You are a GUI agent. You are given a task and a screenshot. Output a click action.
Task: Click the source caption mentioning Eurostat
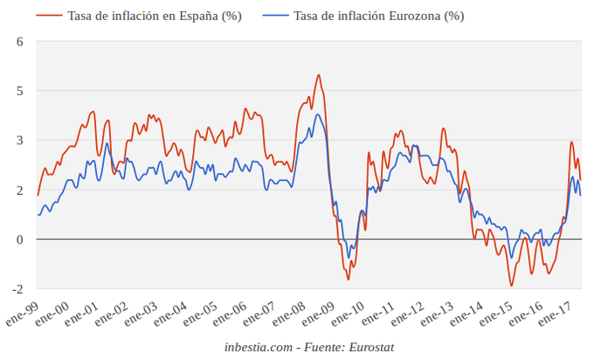click(x=309, y=348)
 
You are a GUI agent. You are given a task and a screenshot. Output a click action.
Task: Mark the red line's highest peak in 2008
click(x=318, y=75)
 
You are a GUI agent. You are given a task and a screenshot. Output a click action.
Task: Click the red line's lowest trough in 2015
click(x=512, y=286)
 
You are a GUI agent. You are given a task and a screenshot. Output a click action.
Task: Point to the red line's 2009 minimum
click(x=348, y=280)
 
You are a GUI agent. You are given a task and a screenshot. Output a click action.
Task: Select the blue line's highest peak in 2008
click(x=318, y=114)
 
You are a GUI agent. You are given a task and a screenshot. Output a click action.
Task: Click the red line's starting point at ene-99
click(x=38, y=195)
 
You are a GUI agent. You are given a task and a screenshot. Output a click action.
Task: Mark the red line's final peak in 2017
click(x=571, y=142)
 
